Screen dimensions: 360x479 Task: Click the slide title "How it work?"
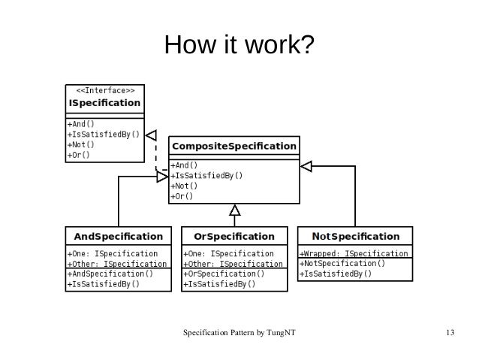point(239,46)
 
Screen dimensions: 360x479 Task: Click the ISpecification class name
point(105,102)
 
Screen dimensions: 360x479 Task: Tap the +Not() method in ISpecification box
point(81,144)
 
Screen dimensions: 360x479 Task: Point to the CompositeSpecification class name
point(234,144)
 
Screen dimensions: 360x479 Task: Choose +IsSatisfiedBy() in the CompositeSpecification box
point(207,176)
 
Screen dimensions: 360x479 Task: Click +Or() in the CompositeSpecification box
point(182,196)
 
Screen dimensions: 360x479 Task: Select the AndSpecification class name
point(114,236)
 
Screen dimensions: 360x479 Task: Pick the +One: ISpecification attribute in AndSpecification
point(113,254)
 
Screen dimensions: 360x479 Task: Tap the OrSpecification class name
point(233,236)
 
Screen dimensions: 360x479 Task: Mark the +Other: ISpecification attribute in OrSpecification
point(233,264)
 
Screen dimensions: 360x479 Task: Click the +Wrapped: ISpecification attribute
point(354,253)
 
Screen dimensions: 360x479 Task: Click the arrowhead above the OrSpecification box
point(234,210)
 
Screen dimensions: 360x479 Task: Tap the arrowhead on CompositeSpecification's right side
point(306,165)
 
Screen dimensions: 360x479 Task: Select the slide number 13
point(450,333)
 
